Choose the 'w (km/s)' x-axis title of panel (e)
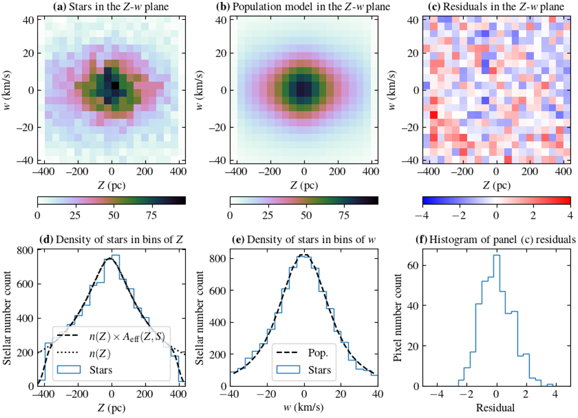coord(304,409)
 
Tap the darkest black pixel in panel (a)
coord(115,85)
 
